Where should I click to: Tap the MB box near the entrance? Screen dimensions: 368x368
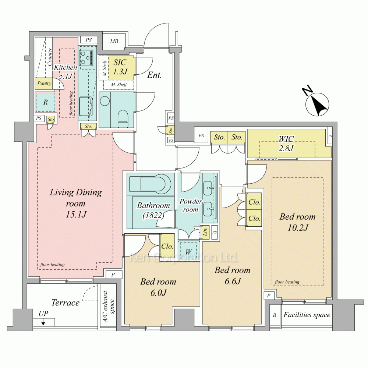point(114,41)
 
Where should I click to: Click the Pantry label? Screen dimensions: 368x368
point(44,83)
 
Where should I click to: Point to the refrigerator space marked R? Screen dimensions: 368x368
point(45,102)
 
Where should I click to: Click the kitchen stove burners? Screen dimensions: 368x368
point(86,58)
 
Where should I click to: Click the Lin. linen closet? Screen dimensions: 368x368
point(205,232)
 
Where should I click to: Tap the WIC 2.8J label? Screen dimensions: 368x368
point(286,144)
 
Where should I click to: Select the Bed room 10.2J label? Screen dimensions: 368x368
point(297,222)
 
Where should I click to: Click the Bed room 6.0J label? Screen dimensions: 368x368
point(158,287)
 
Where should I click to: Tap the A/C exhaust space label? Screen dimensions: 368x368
point(108,307)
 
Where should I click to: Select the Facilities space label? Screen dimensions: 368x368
point(307,315)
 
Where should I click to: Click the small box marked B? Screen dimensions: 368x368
point(275,315)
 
